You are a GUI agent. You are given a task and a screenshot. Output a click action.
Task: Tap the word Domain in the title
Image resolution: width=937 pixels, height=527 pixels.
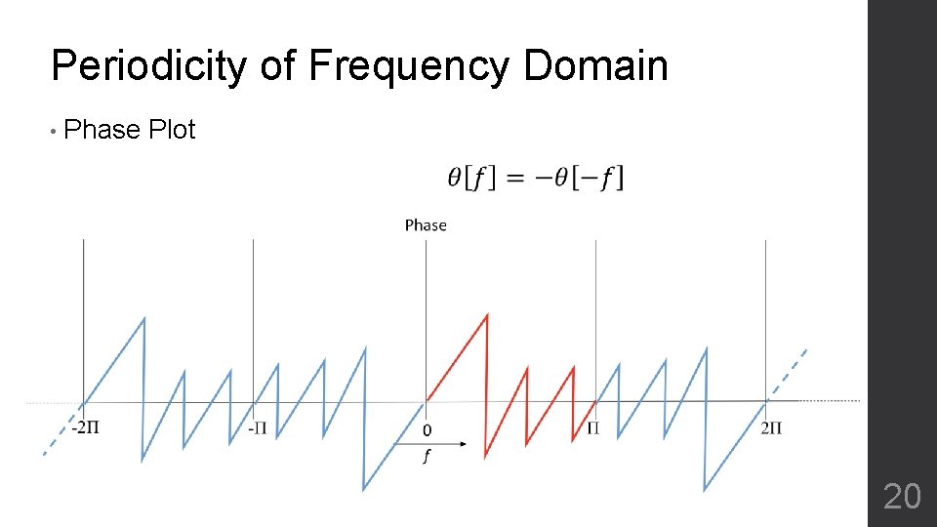coord(595,67)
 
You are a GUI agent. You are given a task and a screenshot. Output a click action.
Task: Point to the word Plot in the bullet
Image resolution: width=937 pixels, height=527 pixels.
coord(173,130)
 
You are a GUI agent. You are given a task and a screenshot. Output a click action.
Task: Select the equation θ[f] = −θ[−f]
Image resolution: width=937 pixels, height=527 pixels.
coord(535,178)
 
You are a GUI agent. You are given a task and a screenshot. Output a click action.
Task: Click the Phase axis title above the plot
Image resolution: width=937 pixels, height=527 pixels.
coord(426,225)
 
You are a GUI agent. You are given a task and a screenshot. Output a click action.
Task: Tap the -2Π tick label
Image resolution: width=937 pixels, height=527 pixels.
coord(85,428)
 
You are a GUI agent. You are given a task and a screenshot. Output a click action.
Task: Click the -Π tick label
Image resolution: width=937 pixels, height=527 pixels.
coord(257,428)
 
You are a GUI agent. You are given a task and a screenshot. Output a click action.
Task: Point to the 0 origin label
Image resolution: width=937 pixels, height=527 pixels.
coord(426,429)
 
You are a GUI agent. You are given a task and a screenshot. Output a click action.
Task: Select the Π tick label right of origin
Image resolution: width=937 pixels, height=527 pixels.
coord(592,428)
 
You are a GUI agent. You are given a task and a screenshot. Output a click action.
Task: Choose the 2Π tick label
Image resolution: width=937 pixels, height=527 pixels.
coord(771,428)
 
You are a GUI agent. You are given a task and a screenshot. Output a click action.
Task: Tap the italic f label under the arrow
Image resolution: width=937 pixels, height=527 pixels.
coord(426,460)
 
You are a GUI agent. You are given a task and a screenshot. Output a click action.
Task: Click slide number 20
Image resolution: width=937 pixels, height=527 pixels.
coord(901,497)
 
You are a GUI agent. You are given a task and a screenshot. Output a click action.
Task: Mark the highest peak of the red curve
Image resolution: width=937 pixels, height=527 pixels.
coord(486,314)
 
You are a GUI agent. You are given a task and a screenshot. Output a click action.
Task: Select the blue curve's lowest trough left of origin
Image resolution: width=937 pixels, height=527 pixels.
coord(364,489)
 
